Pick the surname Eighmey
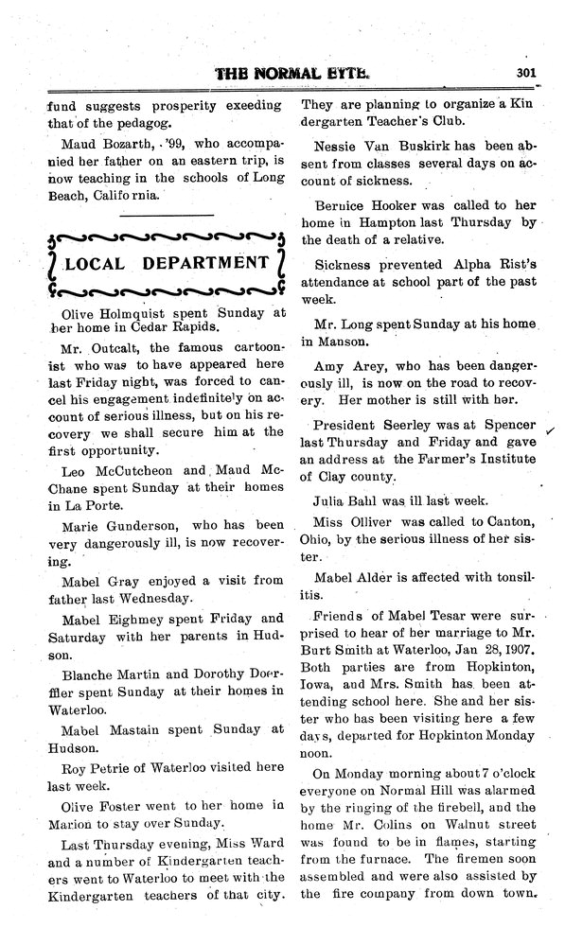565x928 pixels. (139, 617)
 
